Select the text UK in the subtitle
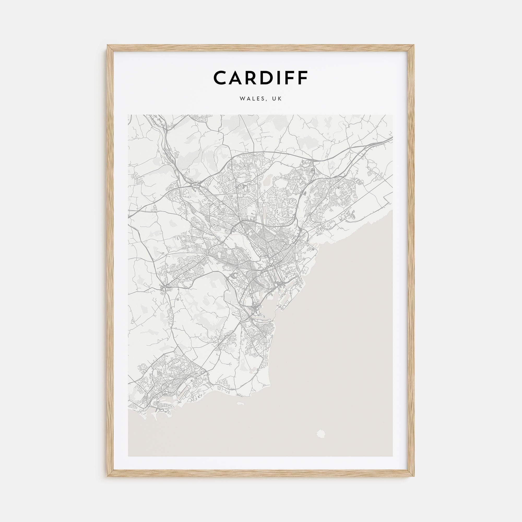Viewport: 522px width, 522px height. pyautogui.click(x=278, y=99)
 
